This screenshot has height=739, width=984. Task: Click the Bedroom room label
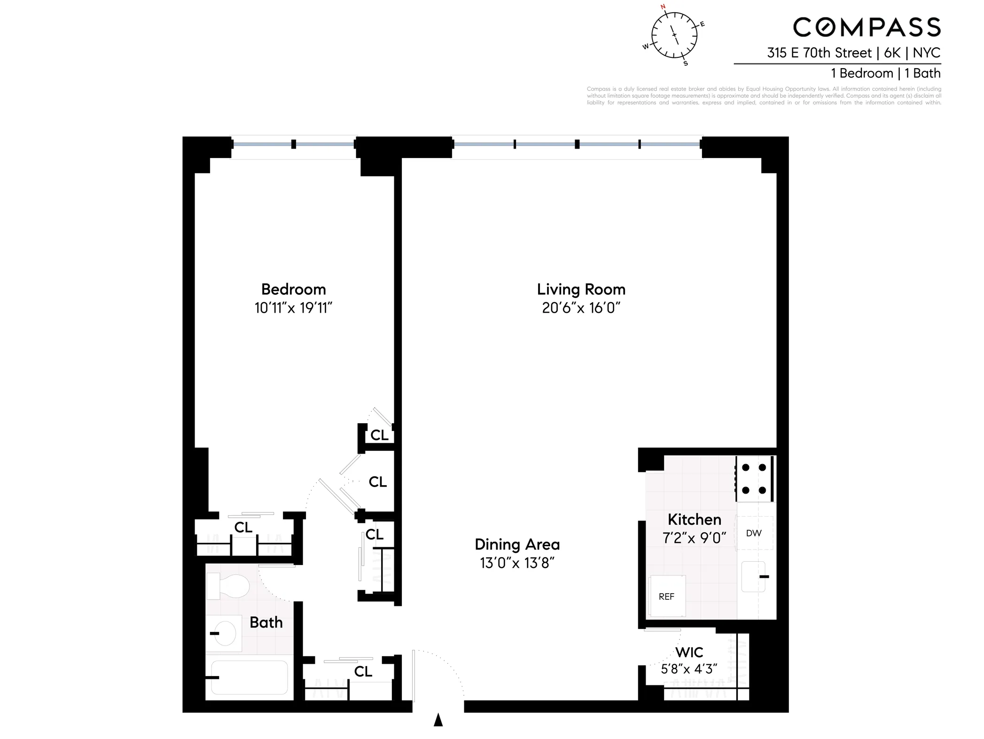pos(293,289)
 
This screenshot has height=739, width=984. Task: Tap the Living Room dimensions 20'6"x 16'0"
pos(581,308)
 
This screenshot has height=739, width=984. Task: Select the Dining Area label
pos(517,544)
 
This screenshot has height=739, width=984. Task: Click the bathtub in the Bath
pos(249,677)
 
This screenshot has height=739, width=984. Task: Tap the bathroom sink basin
pos(224,634)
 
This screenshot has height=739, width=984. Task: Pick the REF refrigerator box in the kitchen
pos(666,596)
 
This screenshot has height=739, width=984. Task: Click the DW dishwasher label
pos(754,533)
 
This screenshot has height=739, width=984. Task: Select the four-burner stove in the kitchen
pos(754,479)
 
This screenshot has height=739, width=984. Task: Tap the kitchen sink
pos(753,576)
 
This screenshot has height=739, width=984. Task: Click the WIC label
pos(689,652)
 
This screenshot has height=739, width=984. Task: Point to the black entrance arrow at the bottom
pos(438,719)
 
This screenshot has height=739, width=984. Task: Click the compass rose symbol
pos(674,35)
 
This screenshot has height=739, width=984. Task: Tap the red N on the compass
pos(663,7)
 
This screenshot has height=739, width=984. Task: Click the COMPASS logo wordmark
pos(867,27)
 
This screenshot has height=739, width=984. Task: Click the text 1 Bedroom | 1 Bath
pos(885,73)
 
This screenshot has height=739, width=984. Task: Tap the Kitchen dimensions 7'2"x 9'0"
pos(694,538)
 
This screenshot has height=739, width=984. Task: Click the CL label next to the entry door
pos(363,671)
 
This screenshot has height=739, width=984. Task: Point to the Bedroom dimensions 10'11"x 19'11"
pos(293,308)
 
